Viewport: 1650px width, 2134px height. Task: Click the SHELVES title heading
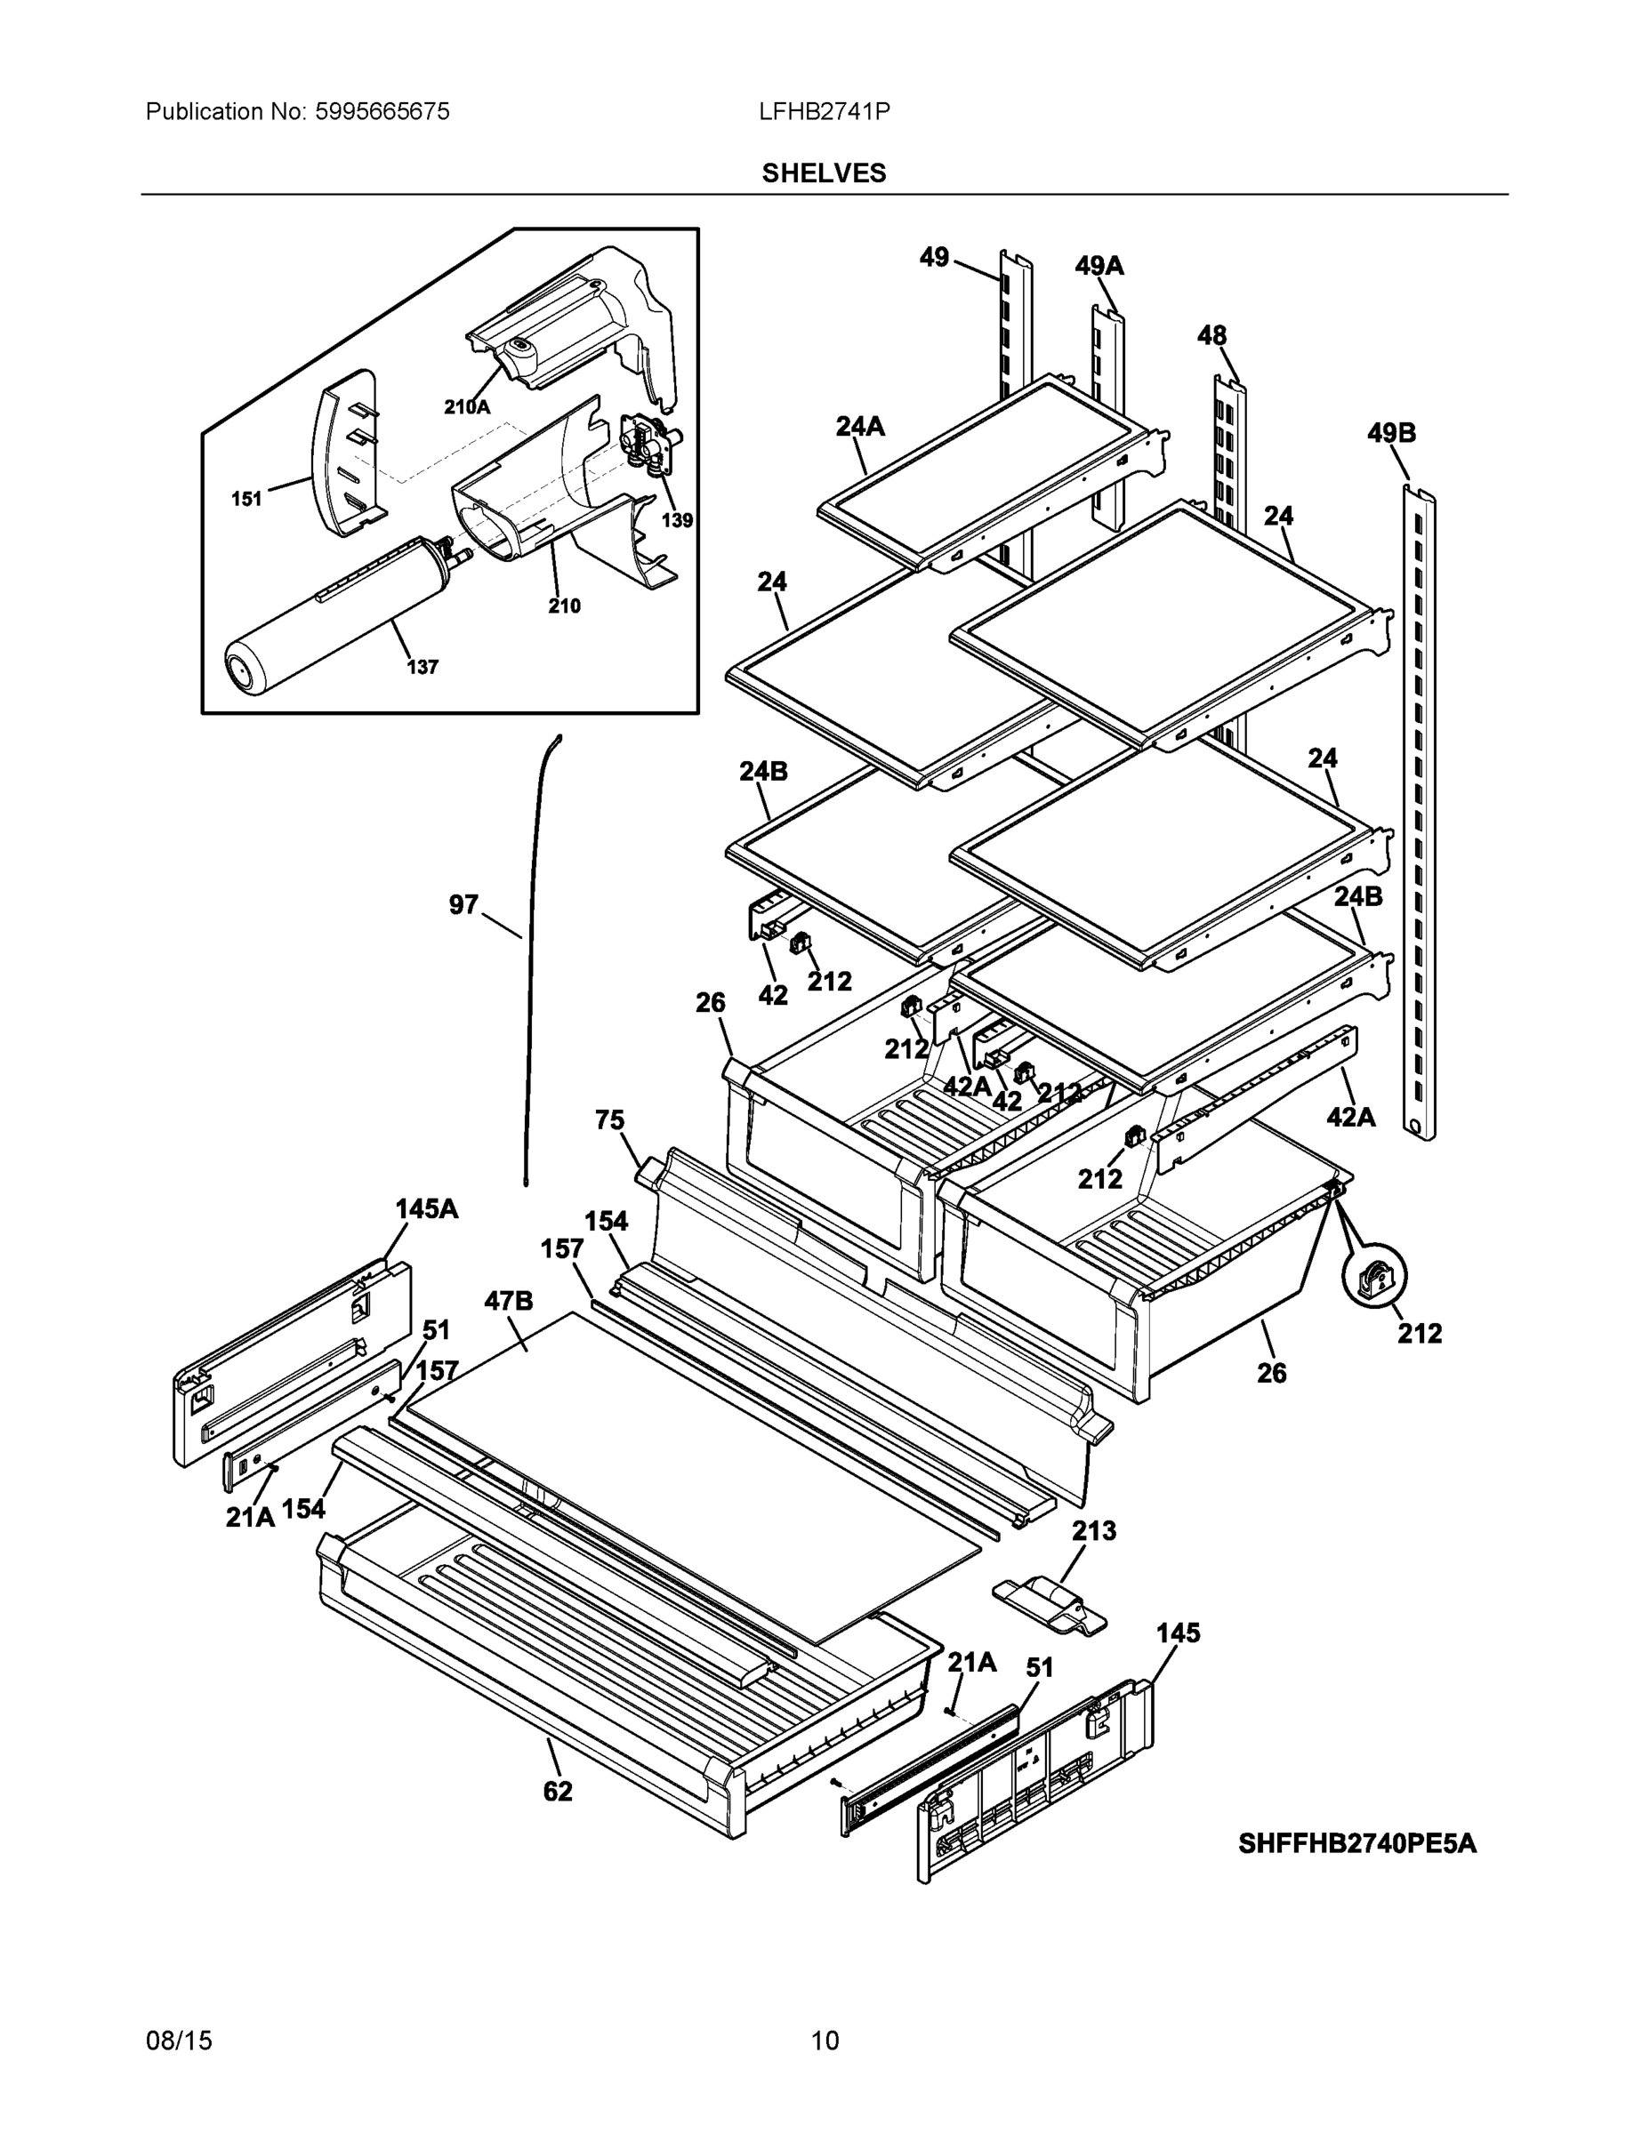point(823,173)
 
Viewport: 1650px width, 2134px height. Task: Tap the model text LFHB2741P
point(823,112)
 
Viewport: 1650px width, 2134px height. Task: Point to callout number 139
point(676,520)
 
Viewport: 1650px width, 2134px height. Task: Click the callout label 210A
point(466,407)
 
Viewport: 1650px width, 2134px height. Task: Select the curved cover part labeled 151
point(344,454)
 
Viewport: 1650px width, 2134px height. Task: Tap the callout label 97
point(463,905)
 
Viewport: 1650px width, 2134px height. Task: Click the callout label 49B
point(1391,433)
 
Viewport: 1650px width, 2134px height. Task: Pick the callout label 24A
point(860,426)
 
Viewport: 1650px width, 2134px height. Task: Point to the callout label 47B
point(508,1301)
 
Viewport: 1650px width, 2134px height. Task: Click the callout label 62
point(557,1791)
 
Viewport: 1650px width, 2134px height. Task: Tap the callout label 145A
point(426,1208)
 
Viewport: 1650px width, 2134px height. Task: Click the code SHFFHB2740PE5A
point(1356,1844)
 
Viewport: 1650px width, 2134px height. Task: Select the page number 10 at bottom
point(824,2041)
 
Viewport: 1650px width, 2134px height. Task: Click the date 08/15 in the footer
point(179,2041)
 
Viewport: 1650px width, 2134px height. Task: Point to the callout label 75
point(609,1119)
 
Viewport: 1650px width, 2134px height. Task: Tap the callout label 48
point(1212,336)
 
